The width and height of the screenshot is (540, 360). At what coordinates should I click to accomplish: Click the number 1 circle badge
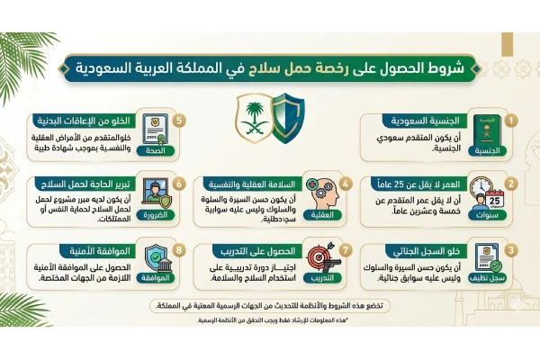coord(510,120)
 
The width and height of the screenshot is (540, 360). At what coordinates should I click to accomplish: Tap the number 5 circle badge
coord(180,120)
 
